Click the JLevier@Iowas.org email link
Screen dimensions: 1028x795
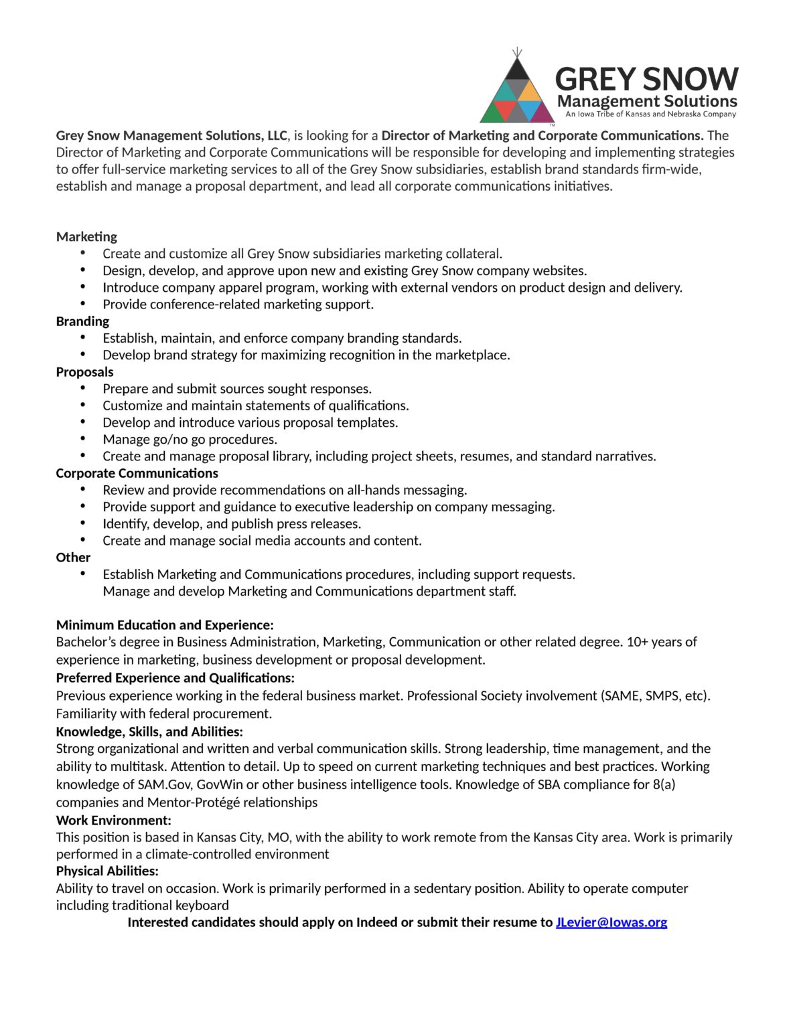(x=611, y=922)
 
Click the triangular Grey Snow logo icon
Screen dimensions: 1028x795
(x=517, y=90)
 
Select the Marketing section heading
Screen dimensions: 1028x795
(x=86, y=237)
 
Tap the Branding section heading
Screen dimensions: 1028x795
(x=82, y=321)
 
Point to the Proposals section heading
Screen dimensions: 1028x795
(x=84, y=372)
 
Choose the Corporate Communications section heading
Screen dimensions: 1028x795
(x=137, y=473)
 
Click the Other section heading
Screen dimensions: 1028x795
(x=73, y=558)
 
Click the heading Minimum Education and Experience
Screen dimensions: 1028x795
(x=165, y=625)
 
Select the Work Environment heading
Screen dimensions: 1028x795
(x=113, y=820)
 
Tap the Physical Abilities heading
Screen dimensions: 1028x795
(x=107, y=871)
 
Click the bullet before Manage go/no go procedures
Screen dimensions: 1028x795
(x=83, y=439)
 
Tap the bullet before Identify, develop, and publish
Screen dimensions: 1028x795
(x=83, y=523)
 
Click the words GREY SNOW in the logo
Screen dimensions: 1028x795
(x=646, y=79)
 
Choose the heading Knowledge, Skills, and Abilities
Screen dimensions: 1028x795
(x=149, y=732)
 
